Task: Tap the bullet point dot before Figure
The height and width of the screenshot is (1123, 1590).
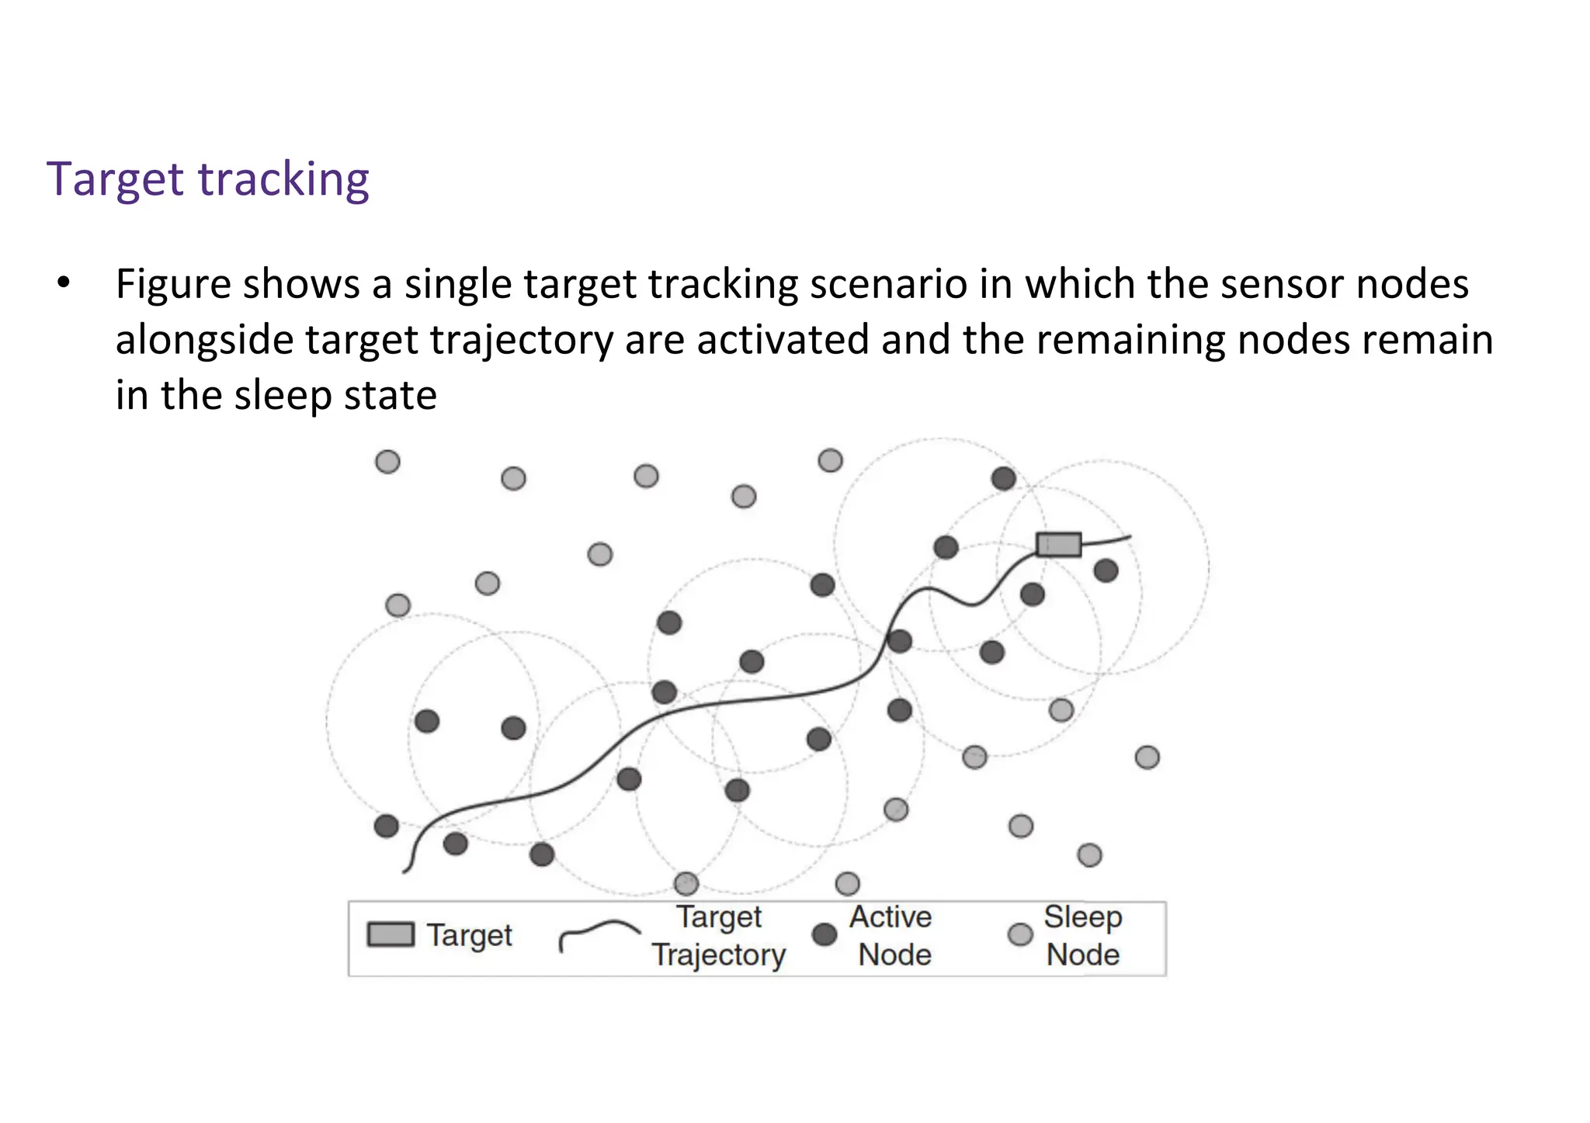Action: click(x=64, y=282)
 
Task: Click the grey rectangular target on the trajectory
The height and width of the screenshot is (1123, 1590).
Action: click(x=1059, y=544)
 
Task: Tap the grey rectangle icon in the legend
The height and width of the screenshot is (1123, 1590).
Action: click(x=391, y=934)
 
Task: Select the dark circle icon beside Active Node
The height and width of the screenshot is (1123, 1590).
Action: click(x=824, y=934)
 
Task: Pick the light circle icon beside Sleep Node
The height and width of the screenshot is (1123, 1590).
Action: click(x=1020, y=934)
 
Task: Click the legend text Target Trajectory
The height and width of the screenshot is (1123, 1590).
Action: click(x=719, y=936)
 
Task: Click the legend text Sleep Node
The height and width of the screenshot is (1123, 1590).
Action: click(x=1082, y=936)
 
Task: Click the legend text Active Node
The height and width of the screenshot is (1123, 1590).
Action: click(x=893, y=936)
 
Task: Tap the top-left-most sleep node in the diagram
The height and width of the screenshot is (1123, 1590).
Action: click(x=387, y=462)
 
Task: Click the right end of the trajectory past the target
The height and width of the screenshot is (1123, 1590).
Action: click(x=1127, y=537)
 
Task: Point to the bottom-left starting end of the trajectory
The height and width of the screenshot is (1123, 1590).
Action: click(x=406, y=870)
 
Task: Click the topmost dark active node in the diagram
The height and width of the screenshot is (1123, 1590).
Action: click(x=1004, y=478)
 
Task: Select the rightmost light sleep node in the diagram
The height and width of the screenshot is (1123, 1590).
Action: click(x=1147, y=757)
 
